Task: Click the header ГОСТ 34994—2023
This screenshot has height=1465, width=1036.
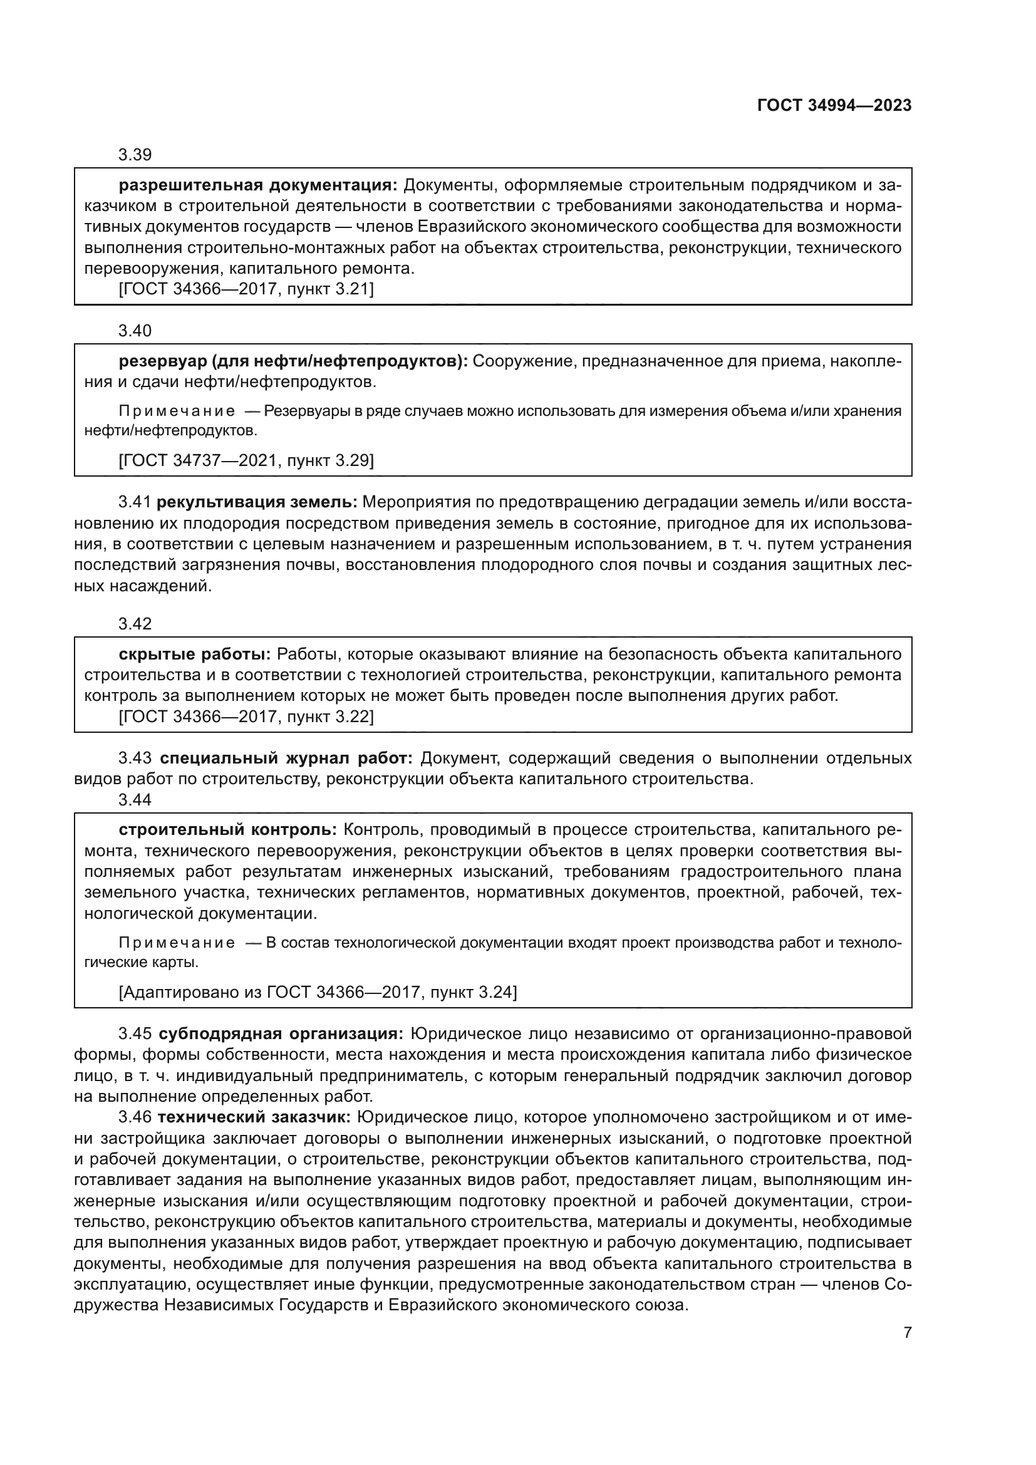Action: pos(834,106)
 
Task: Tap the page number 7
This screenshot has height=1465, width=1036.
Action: pos(907,1332)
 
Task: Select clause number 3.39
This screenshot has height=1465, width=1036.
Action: pos(135,155)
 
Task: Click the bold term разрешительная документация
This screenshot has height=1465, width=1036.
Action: pos(257,185)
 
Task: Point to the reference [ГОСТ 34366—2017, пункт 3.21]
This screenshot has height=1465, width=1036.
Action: pos(246,289)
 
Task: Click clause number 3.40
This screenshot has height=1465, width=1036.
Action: pos(135,331)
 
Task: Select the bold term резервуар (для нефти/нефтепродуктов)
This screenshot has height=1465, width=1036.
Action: pos(293,361)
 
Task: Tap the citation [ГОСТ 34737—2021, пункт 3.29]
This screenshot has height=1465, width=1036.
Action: pos(246,460)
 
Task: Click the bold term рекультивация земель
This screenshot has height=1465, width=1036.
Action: pos(256,502)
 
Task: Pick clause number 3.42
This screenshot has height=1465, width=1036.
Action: pos(135,623)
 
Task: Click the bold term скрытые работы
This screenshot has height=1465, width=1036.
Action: pos(195,654)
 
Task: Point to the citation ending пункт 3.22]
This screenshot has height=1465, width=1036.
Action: pos(246,717)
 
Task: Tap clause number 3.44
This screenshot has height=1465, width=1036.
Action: pos(135,799)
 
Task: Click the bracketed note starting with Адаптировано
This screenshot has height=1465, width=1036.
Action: pos(318,992)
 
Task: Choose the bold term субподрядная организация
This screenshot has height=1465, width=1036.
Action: pos(281,1033)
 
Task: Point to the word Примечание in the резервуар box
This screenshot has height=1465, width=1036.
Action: pos(177,411)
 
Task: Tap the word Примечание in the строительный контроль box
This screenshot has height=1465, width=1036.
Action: pos(177,943)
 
